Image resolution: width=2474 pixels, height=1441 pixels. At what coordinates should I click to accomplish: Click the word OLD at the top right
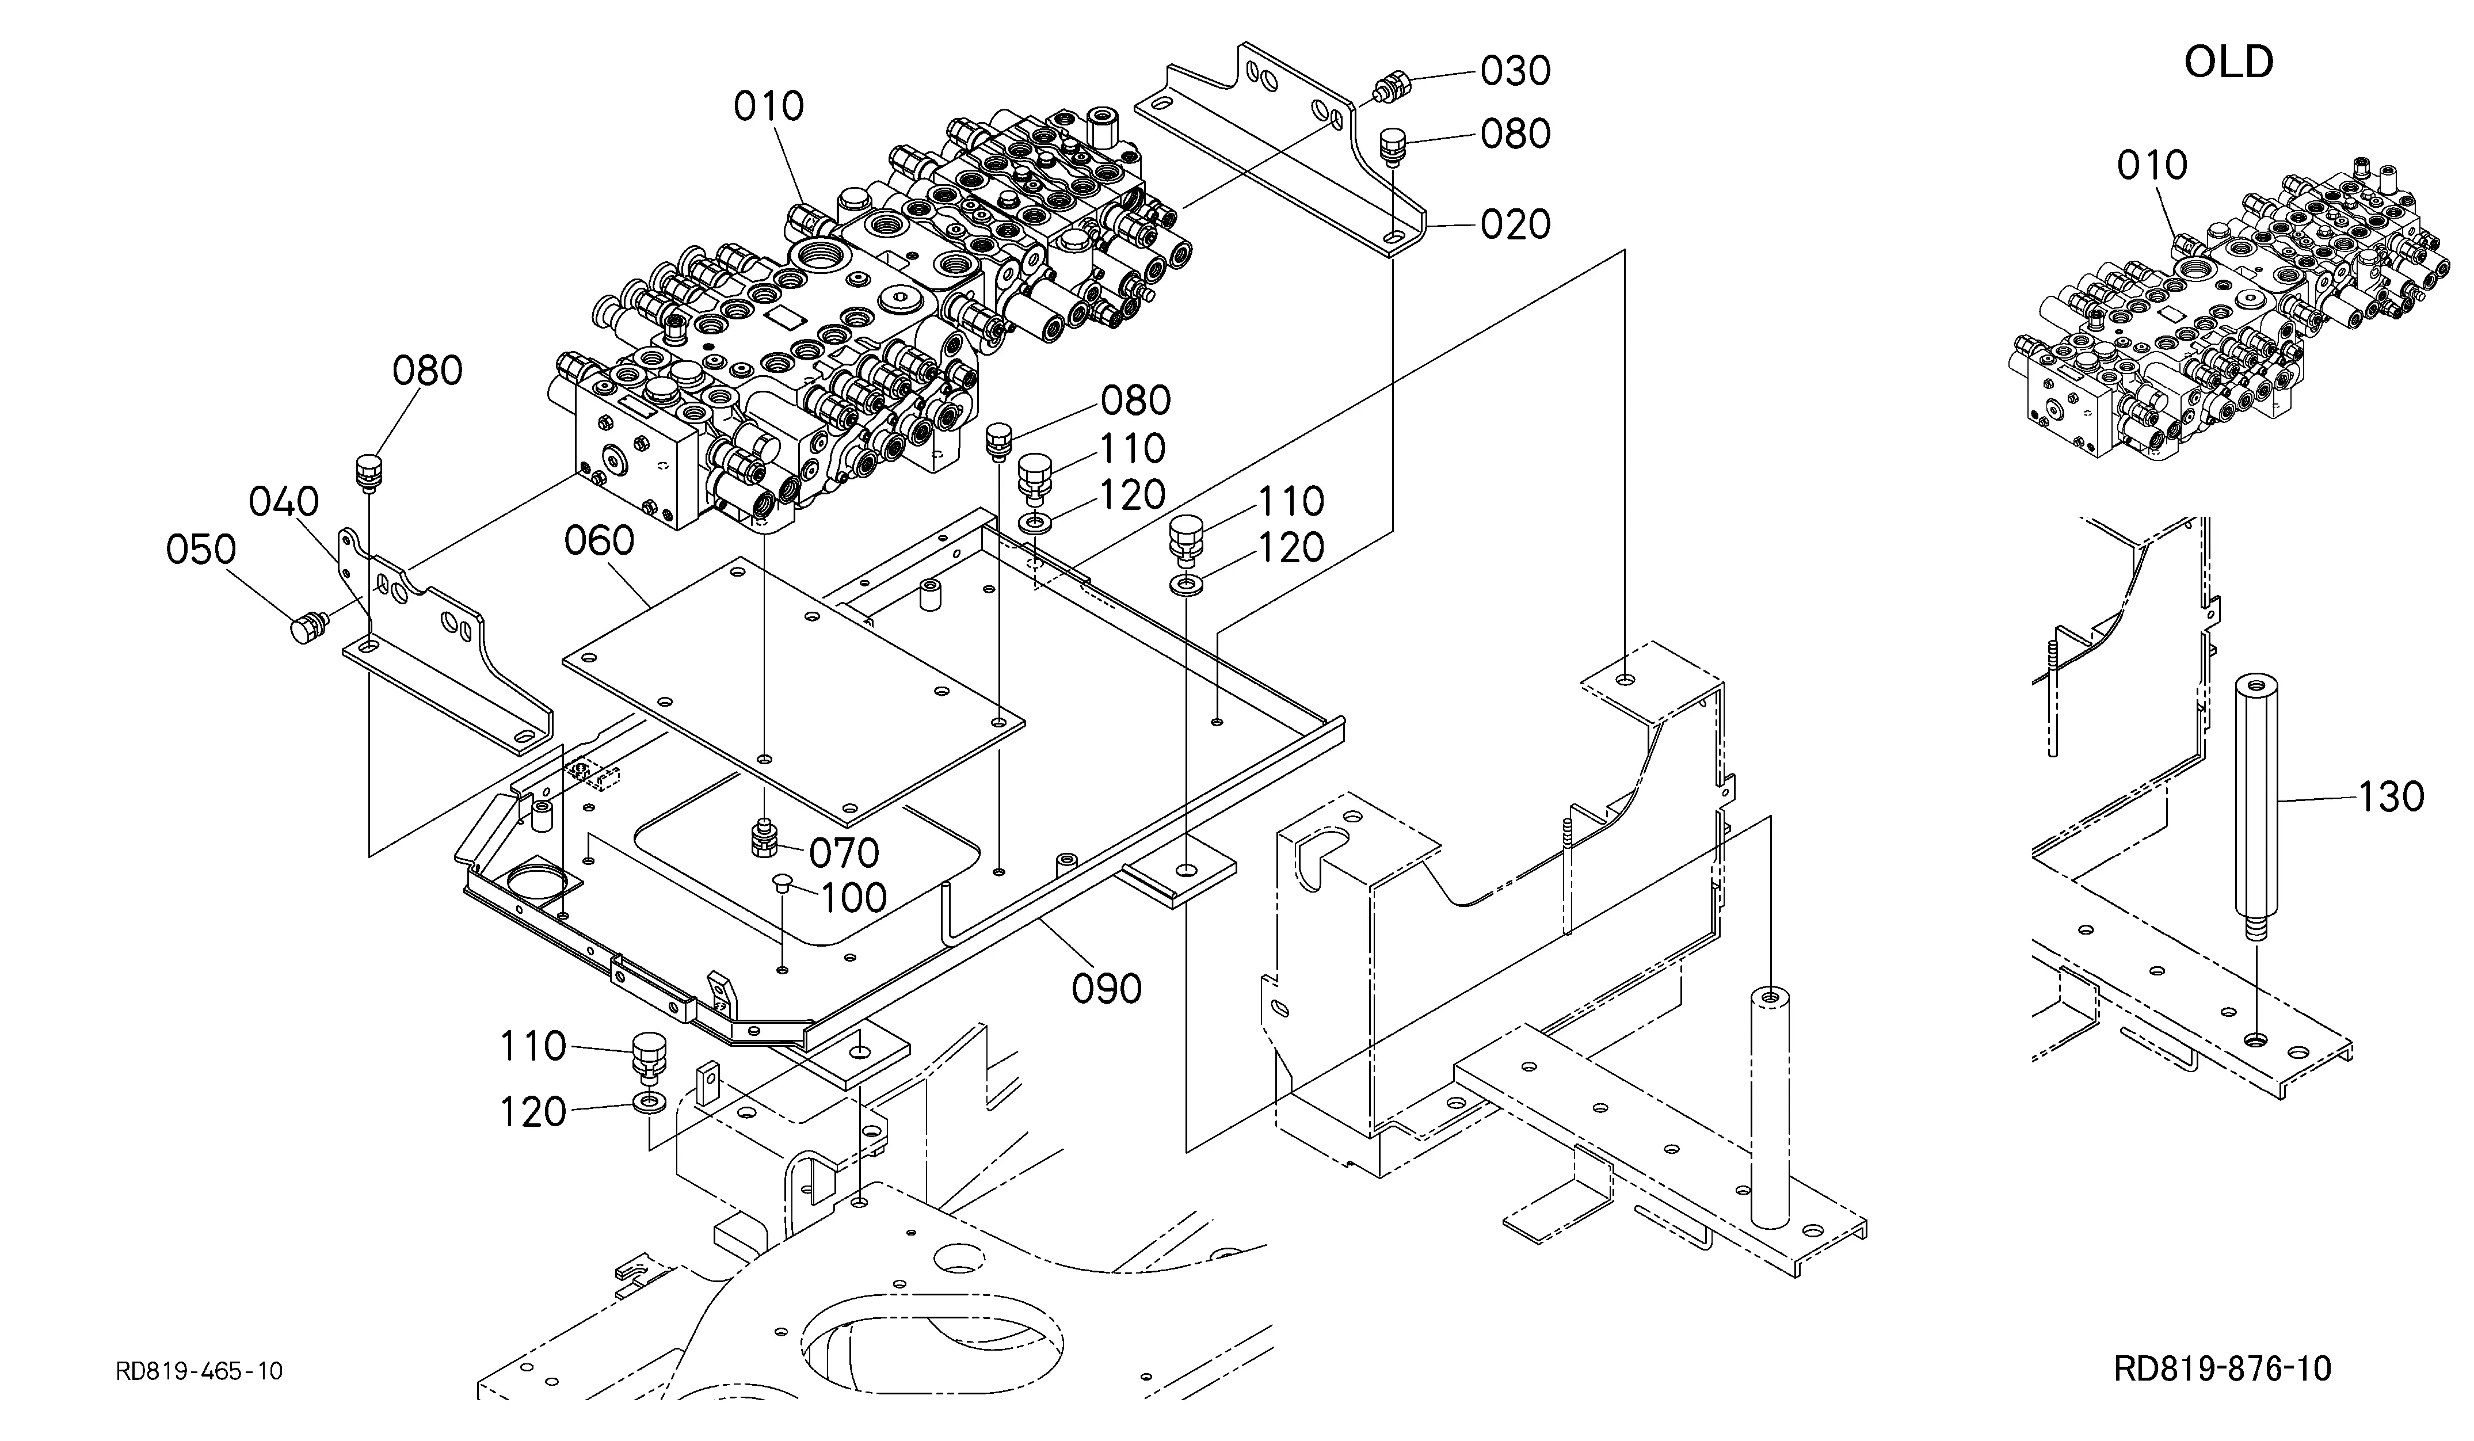click(2229, 62)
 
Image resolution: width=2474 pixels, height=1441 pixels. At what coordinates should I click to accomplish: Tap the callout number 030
click(1515, 71)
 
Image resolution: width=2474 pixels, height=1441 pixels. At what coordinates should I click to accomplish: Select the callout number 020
click(1515, 225)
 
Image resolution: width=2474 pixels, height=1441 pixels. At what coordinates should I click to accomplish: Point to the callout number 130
click(2391, 797)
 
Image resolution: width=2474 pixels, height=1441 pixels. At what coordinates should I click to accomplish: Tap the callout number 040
click(284, 502)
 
